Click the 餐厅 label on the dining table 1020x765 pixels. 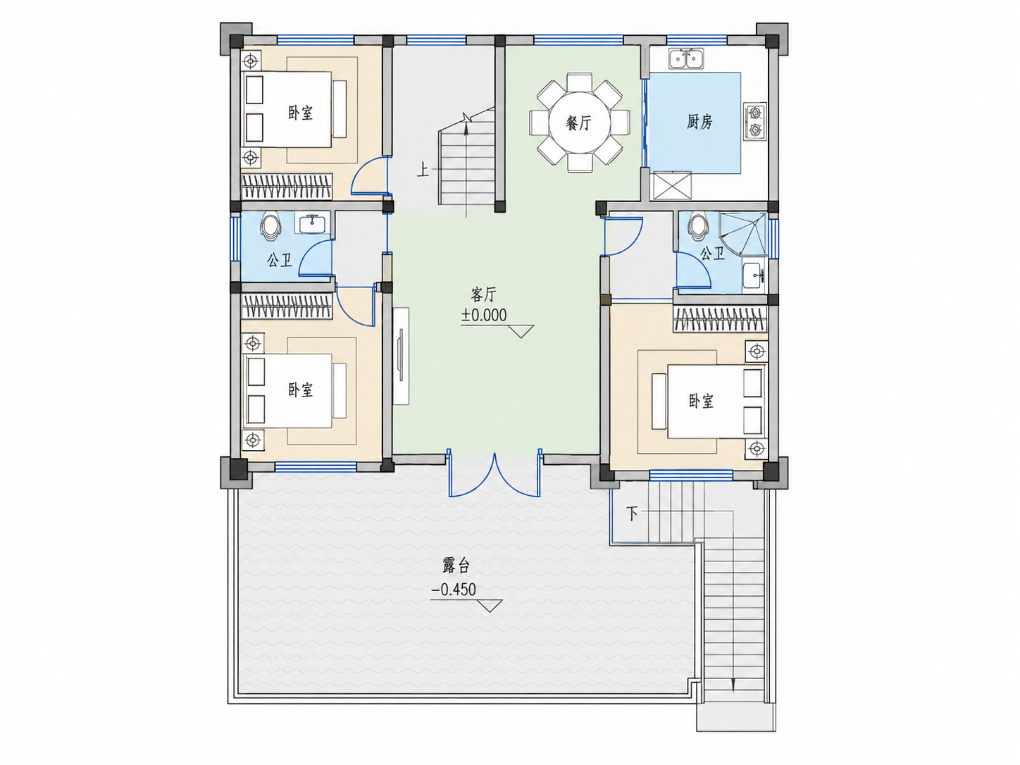(578, 123)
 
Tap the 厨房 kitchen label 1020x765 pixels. (699, 122)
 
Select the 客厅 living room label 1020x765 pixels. (484, 294)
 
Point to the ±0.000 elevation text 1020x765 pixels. (484, 316)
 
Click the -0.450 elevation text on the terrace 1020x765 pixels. (454, 590)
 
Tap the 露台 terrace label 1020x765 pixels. (456, 566)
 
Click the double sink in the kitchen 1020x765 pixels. (686, 58)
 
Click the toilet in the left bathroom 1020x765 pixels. (270, 225)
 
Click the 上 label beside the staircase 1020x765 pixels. (423, 170)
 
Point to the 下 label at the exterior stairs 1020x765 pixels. (632, 514)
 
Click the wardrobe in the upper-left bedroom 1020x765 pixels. (287, 187)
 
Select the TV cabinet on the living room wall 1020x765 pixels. (401, 356)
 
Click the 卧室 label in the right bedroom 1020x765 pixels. (701, 402)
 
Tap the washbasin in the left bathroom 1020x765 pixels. (312, 223)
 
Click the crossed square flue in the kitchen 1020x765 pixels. (672, 186)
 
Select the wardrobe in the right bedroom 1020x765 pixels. (720, 319)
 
